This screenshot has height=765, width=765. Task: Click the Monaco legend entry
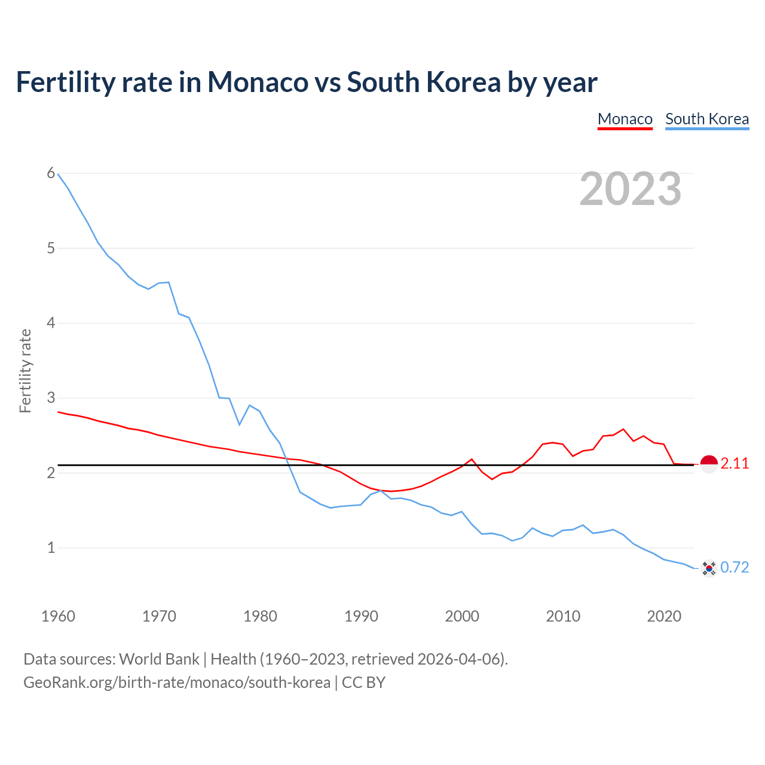(x=625, y=119)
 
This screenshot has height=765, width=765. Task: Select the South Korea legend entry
(x=706, y=119)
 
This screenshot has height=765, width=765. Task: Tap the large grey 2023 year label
(x=630, y=189)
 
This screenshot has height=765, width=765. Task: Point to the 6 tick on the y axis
(x=51, y=173)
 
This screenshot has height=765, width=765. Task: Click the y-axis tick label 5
(x=51, y=248)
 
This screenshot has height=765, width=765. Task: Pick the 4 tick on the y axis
(x=51, y=323)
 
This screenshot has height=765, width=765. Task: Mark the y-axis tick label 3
(x=51, y=398)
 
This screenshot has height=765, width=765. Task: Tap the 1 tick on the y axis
(x=51, y=547)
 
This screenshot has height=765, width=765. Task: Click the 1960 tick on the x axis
(x=58, y=616)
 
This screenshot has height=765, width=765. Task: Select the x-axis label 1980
(x=260, y=616)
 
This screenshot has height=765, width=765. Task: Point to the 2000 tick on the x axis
(x=462, y=616)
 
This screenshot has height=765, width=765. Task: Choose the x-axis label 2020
(x=664, y=616)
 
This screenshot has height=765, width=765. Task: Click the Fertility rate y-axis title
(x=25, y=371)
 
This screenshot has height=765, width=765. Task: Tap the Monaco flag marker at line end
(x=709, y=464)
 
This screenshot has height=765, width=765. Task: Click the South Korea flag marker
(x=709, y=568)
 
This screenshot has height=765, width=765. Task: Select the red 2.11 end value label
(x=735, y=464)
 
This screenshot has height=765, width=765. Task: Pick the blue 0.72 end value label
(x=735, y=568)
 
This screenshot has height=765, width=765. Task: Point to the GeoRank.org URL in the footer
(x=177, y=683)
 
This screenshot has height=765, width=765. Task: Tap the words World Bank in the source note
(x=159, y=659)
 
